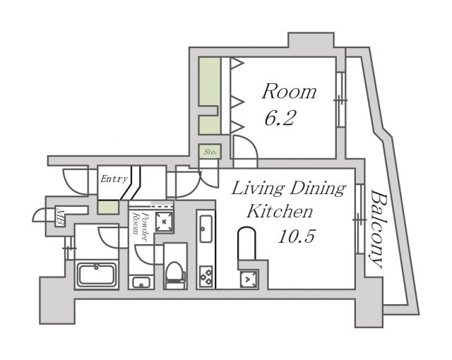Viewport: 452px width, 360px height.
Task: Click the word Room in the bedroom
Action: (289, 92)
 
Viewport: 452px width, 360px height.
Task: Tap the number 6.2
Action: (280, 119)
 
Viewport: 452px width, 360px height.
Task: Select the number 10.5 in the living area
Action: (296, 236)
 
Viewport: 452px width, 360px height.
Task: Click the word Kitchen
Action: (280, 211)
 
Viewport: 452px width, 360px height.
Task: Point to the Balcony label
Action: (379, 229)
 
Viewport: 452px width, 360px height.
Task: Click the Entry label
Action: (114, 179)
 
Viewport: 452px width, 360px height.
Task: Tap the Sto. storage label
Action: (210, 152)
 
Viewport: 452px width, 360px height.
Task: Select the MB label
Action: (61, 216)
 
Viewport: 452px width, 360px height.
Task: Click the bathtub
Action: (97, 275)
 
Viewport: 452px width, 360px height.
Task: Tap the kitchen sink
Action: (206, 229)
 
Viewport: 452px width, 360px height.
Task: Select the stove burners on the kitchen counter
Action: (206, 277)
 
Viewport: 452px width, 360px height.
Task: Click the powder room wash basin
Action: (141, 282)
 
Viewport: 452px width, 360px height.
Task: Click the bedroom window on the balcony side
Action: (340, 100)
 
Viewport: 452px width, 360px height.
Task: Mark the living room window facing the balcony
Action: (359, 219)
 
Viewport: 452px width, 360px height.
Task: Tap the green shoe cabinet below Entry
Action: (108, 208)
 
